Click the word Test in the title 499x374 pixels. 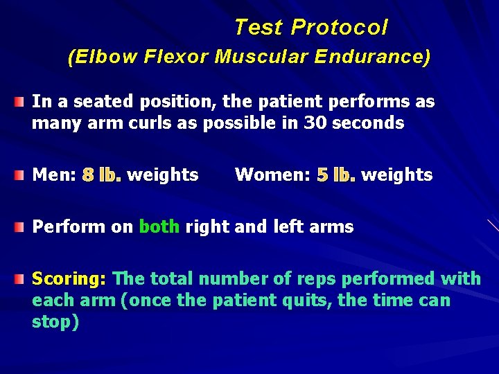259,28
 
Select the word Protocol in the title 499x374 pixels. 340,28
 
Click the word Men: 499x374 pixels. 54,175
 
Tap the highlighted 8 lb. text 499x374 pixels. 102,175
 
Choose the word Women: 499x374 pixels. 272,175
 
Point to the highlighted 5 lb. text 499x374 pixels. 336,175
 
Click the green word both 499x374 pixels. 159,226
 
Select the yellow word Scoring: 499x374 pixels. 69,279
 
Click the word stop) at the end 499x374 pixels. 55,322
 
